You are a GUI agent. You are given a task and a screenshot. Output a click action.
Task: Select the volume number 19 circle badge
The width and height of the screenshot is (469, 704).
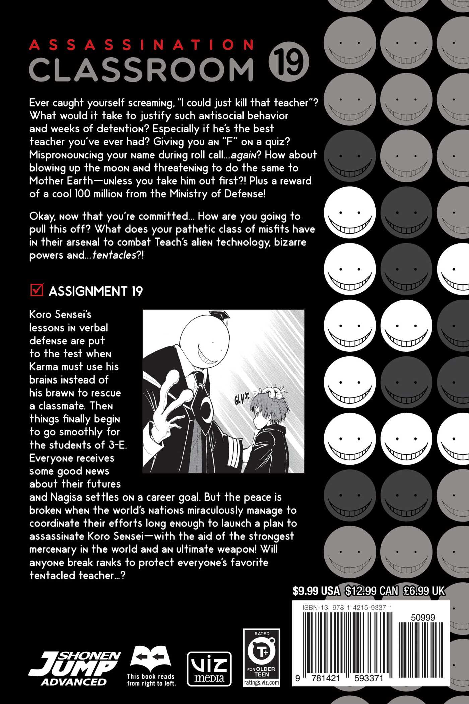click(288, 62)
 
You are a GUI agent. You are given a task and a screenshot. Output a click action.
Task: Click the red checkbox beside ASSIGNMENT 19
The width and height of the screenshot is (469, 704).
click(37, 290)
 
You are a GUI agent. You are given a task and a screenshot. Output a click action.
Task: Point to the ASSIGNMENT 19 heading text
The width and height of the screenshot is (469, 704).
click(96, 291)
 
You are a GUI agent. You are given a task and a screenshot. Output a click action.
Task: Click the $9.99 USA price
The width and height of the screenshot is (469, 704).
click(316, 591)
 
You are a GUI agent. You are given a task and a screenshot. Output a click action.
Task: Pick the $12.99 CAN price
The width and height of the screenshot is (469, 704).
click(372, 591)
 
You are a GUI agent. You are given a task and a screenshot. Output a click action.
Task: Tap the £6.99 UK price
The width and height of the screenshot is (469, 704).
click(424, 591)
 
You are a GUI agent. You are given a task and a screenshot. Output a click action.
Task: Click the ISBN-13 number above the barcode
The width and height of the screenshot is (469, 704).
click(347, 608)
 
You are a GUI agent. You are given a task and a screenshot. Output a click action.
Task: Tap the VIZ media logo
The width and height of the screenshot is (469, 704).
click(209, 668)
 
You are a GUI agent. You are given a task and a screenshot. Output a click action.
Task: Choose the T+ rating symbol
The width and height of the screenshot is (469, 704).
click(262, 652)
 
